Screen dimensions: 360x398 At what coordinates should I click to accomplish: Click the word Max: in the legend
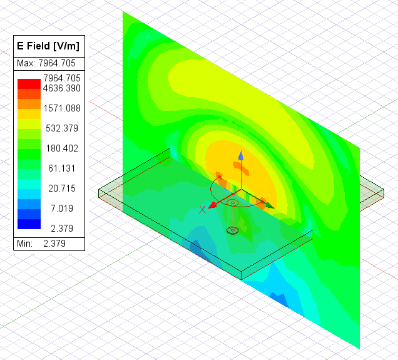coord(26,63)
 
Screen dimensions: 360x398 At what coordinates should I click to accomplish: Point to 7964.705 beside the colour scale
coord(61,78)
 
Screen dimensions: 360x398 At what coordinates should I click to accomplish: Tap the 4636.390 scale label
coord(61,88)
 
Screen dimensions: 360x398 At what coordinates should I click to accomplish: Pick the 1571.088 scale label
coord(61,108)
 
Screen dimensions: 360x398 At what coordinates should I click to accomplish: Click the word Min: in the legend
coord(26,243)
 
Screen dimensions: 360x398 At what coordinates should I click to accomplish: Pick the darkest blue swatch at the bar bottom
coord(29,224)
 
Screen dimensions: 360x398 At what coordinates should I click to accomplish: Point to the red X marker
coord(202,210)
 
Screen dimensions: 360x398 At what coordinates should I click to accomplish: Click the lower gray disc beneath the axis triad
coord(233,230)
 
